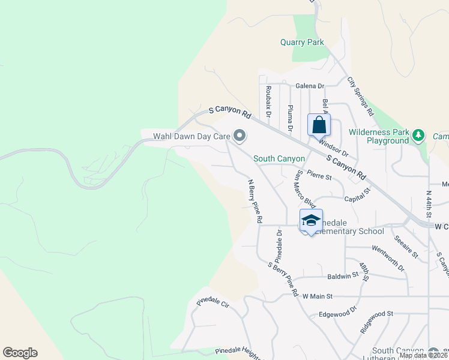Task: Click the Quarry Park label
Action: (x=302, y=43)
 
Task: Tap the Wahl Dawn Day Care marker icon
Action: (x=240, y=136)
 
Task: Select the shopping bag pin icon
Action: (x=319, y=125)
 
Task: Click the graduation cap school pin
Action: (x=311, y=221)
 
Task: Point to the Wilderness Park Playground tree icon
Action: (x=420, y=136)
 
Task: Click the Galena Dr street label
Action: (x=309, y=86)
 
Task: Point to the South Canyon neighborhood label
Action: (x=279, y=158)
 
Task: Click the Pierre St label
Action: (x=319, y=176)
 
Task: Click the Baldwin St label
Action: (x=343, y=276)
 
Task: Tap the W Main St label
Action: (x=318, y=296)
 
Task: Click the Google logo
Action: (x=20, y=353)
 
